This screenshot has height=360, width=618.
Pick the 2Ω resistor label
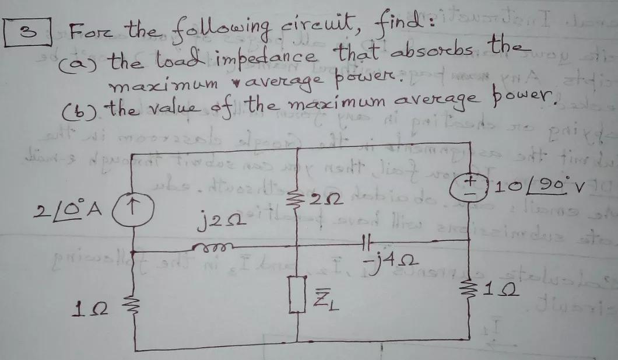(325, 199)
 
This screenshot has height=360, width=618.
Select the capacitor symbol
(366, 240)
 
